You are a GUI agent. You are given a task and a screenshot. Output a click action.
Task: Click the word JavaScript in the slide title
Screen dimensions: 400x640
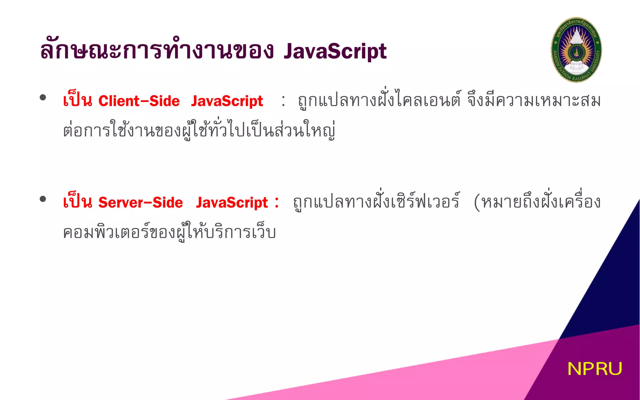pyautogui.click(x=335, y=52)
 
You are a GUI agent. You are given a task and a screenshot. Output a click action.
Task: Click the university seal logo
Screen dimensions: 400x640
pyautogui.click(x=576, y=50)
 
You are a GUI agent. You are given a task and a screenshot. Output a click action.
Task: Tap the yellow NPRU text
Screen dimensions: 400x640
pyautogui.click(x=594, y=369)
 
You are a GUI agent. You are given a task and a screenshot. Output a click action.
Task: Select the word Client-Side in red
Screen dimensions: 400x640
pyautogui.click(x=139, y=101)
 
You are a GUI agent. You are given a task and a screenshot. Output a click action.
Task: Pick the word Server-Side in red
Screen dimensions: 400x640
pyautogui.click(x=141, y=203)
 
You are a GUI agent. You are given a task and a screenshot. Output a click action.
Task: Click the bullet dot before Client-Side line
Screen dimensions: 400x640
pyautogui.click(x=43, y=97)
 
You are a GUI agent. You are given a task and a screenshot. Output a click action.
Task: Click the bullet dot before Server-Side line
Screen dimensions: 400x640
pyautogui.click(x=43, y=199)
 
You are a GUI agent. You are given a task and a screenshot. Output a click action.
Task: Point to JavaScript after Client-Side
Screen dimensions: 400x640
pyautogui.click(x=227, y=101)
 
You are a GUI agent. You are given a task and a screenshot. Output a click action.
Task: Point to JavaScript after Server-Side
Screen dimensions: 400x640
pyautogui.click(x=232, y=203)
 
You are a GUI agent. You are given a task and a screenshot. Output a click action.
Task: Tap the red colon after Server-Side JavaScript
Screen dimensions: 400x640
pyautogui.click(x=277, y=202)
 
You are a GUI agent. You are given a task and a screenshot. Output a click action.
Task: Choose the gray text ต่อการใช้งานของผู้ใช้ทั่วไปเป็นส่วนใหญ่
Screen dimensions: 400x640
pyautogui.click(x=199, y=130)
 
